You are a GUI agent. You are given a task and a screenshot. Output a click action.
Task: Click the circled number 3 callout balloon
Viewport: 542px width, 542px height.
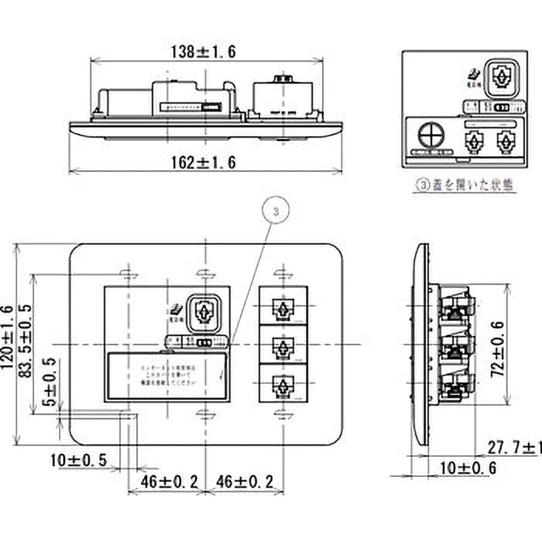(x=275, y=211)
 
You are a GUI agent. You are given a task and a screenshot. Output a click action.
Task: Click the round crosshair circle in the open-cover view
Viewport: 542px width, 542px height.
(x=428, y=136)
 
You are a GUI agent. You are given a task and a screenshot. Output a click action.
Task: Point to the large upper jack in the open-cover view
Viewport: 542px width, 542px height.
(x=501, y=77)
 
